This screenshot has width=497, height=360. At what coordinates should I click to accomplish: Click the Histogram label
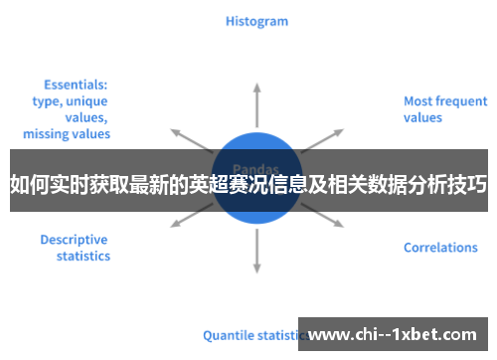click(x=256, y=20)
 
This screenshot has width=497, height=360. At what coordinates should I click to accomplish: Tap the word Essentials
click(x=76, y=85)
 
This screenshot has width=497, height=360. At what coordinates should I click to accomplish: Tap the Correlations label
click(x=440, y=248)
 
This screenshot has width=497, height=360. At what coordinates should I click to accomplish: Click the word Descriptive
click(x=74, y=239)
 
